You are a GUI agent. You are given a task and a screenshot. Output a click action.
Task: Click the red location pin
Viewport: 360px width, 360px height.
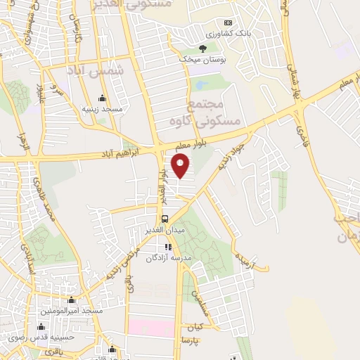(181, 166)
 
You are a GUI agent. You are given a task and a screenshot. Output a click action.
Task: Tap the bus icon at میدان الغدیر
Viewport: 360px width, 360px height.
(165, 219)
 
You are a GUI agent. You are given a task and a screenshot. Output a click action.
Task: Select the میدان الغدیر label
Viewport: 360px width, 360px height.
(165, 231)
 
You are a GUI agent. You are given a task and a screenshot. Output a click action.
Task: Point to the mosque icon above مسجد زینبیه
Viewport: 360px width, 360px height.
(103, 98)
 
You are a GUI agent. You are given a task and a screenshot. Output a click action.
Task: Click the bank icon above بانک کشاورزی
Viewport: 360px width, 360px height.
(227, 22)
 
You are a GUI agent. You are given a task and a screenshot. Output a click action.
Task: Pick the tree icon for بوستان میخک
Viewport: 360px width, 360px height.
(202, 48)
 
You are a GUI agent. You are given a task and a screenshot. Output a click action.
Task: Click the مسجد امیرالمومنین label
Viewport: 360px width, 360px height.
(72, 310)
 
